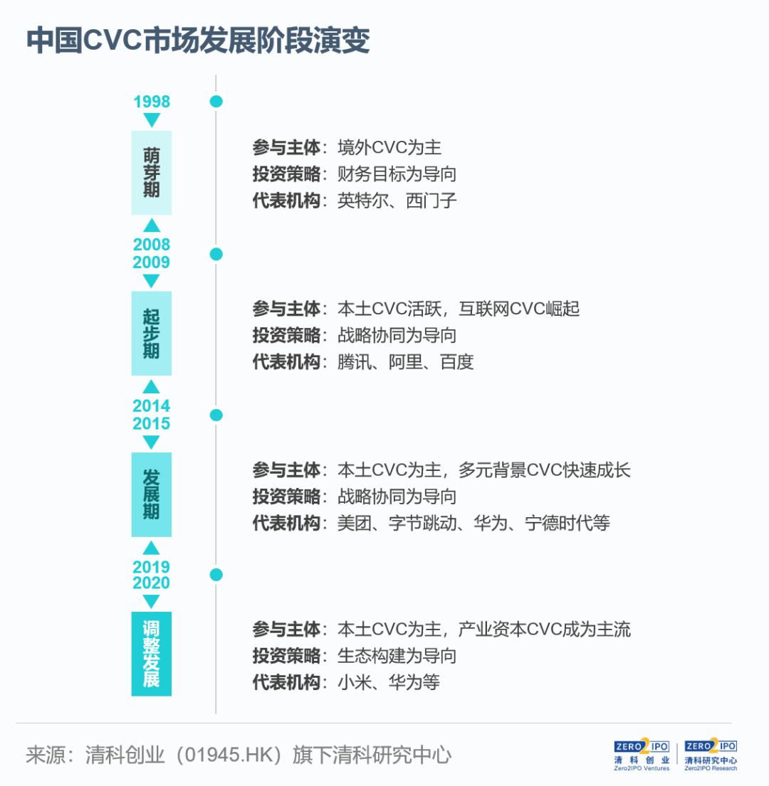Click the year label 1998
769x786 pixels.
152,102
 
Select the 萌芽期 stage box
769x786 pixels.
152,173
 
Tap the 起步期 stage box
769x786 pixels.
152,334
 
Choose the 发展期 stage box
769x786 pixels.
152,495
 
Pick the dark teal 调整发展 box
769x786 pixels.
152,654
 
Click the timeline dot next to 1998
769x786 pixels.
216,102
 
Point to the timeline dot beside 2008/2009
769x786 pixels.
216,254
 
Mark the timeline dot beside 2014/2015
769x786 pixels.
216,415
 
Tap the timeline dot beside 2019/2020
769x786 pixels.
216,575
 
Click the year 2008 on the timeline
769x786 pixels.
152,245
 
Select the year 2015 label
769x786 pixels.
152,423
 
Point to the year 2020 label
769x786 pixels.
152,583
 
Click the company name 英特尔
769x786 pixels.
362,201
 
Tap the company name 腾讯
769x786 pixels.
354,362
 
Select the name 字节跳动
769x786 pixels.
422,524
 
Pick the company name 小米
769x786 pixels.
354,682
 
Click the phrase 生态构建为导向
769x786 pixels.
397,656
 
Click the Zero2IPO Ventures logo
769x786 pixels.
642,755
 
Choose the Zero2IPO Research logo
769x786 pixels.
711,755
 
